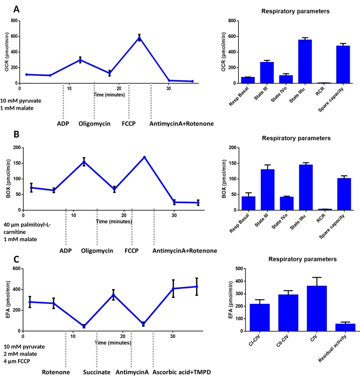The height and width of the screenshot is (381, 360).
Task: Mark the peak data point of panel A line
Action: (x=139, y=37)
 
